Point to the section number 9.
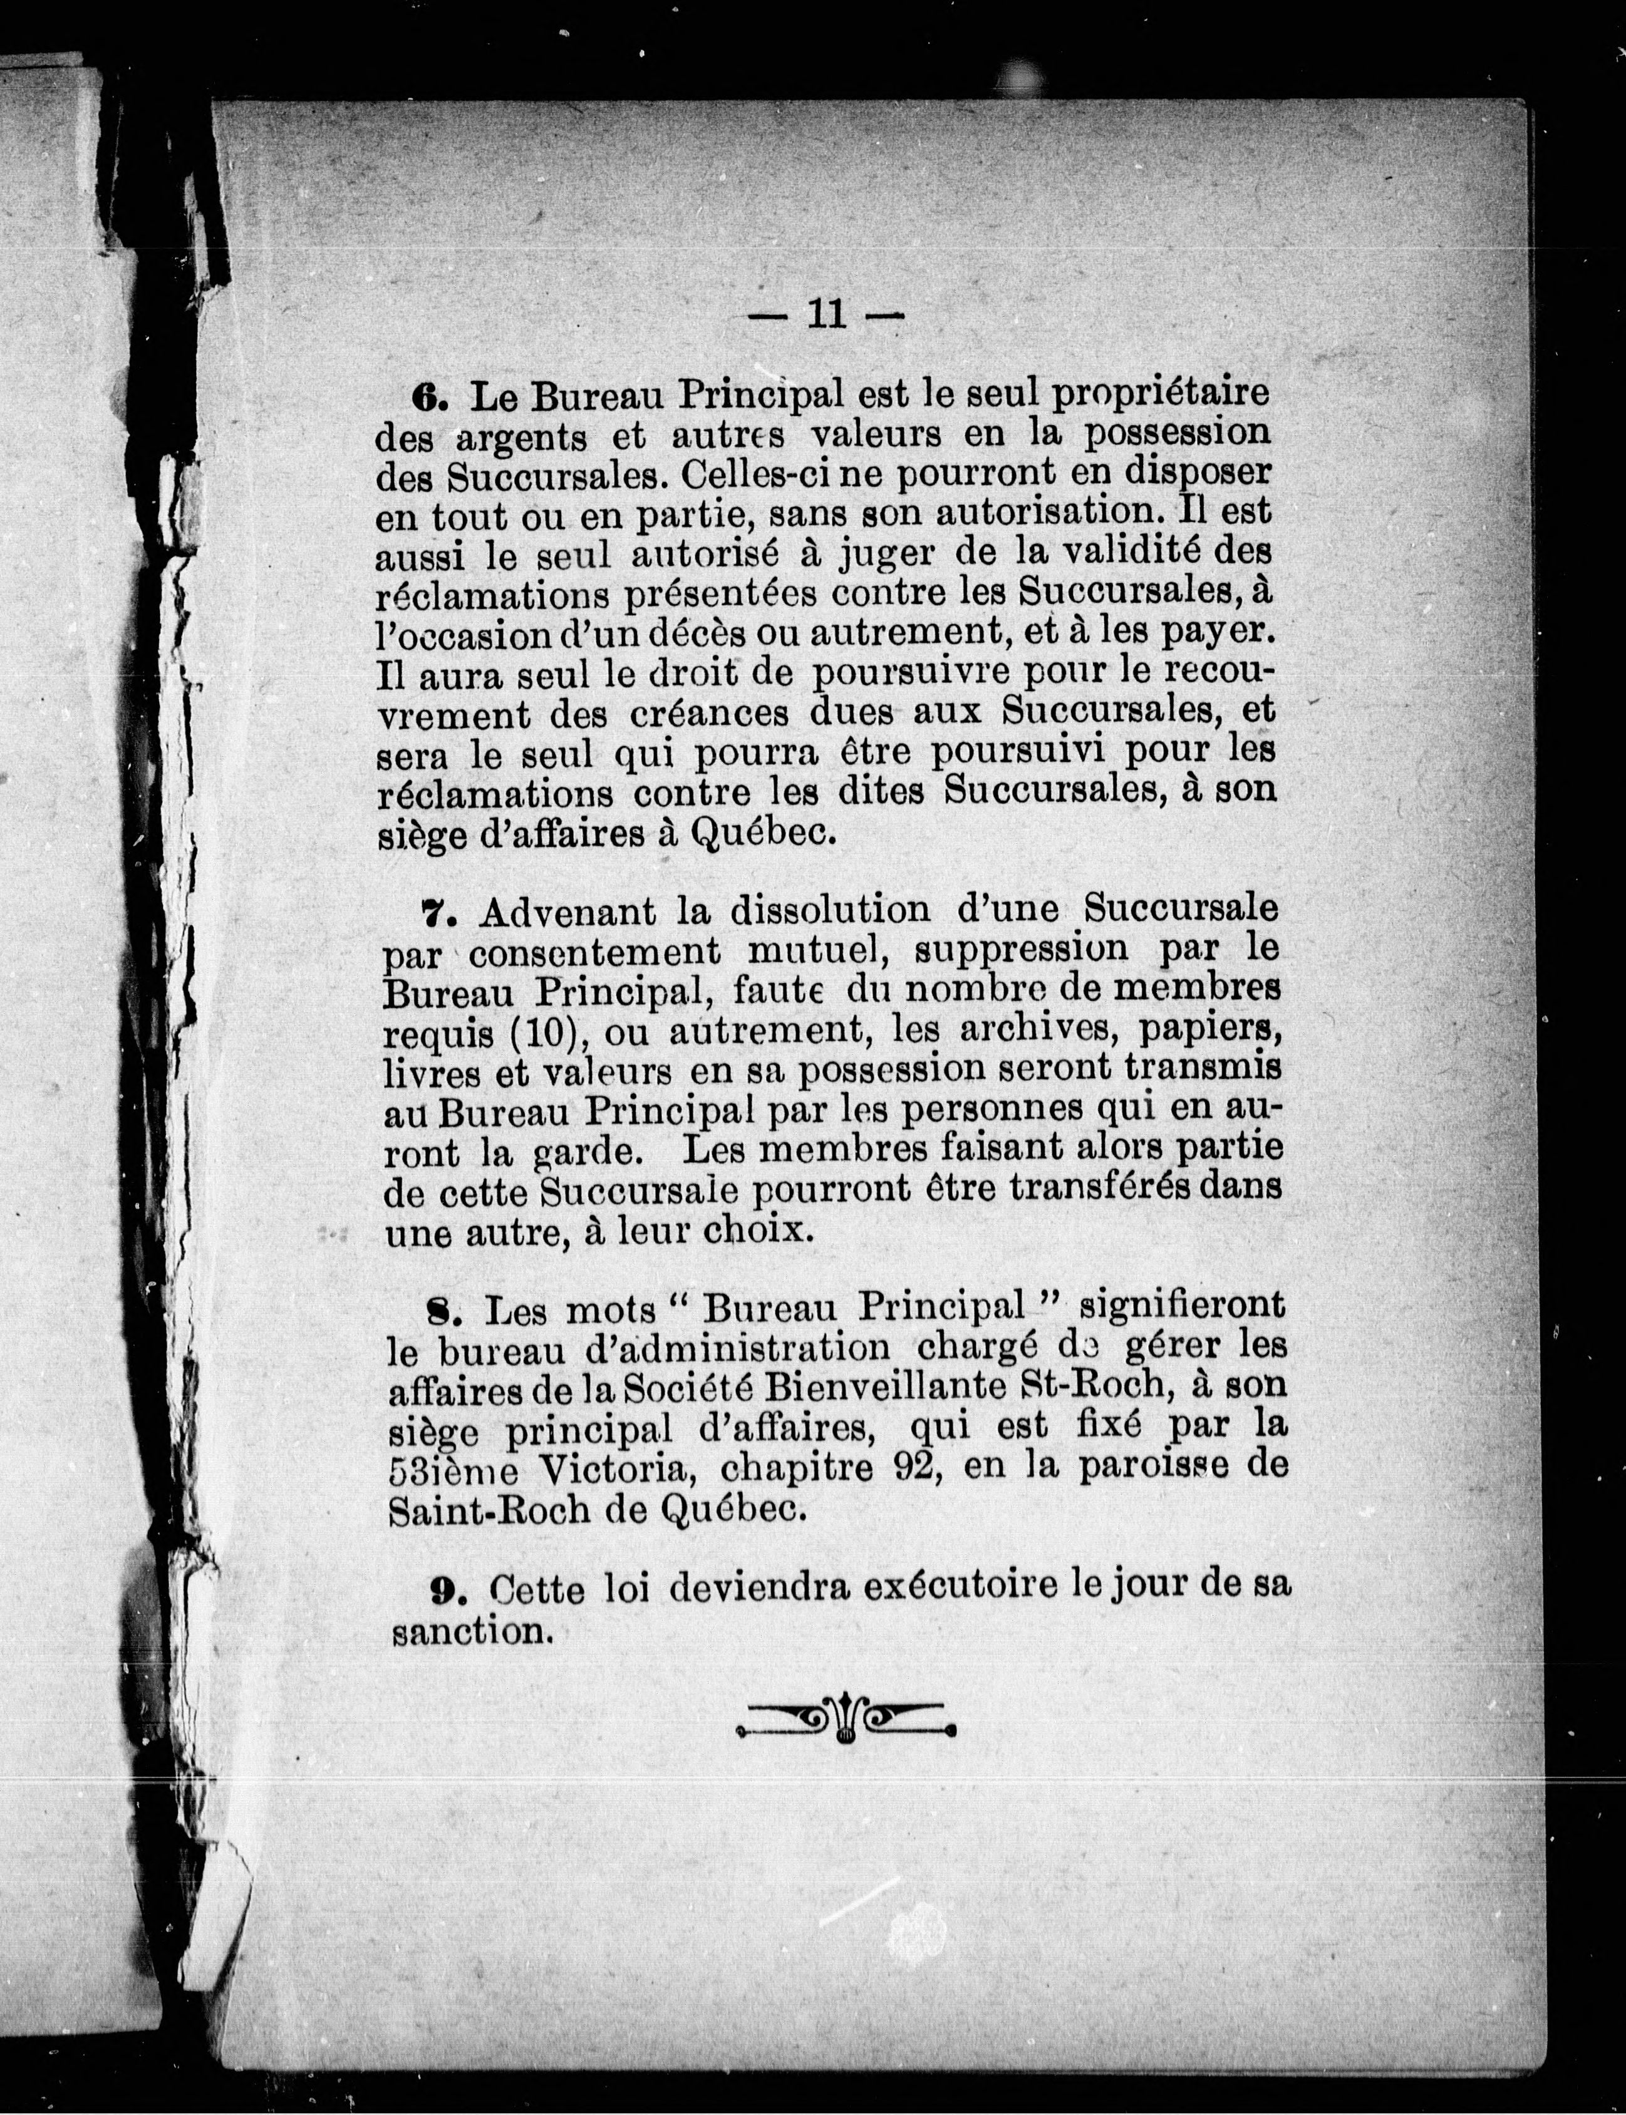click(x=443, y=1588)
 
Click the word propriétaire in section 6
click(x=1161, y=395)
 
